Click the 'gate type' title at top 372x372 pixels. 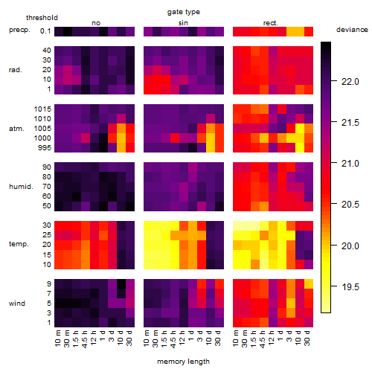(184, 12)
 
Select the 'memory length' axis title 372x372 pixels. (183, 362)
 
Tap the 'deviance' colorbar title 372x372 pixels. (352, 30)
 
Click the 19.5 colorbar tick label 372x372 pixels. (350, 287)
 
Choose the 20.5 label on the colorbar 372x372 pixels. (350, 205)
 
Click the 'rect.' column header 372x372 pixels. (271, 23)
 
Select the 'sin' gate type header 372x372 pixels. (183, 23)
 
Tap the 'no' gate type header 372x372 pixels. (96, 23)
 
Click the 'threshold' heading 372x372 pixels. (42, 18)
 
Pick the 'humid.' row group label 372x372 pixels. (21, 187)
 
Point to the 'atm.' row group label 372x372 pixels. (16, 129)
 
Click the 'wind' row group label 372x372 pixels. (17, 304)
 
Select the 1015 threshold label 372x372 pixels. (42, 109)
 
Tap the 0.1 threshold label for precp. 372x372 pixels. (45, 31)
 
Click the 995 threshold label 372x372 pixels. (45, 148)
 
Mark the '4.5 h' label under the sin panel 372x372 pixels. (173, 339)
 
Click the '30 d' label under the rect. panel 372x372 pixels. (307, 338)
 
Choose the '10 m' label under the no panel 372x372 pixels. (57, 338)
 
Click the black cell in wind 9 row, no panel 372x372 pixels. (121, 283)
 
